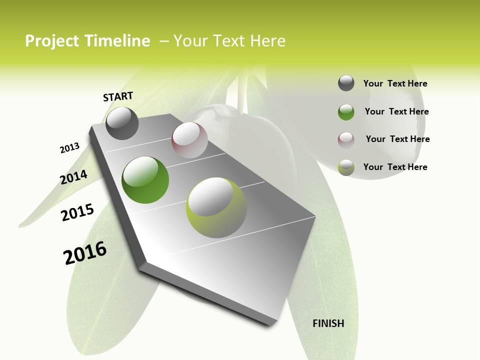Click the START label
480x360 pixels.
pyautogui.click(x=118, y=96)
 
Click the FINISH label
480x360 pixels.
pyautogui.click(x=328, y=323)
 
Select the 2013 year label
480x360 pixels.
pyautogui.click(x=69, y=148)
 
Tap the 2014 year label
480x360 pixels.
pyautogui.click(x=73, y=177)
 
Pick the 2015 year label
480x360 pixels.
pyautogui.click(x=77, y=212)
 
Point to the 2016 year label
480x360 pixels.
pyautogui.click(x=85, y=253)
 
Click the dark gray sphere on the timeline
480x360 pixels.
pyautogui.click(x=122, y=123)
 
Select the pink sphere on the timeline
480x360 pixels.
pyautogui.click(x=189, y=140)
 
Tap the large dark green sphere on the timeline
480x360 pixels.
pyautogui.click(x=145, y=180)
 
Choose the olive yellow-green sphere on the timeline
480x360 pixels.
pyautogui.click(x=216, y=207)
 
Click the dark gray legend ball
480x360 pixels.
pyautogui.click(x=346, y=83)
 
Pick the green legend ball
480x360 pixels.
pyautogui.click(x=346, y=112)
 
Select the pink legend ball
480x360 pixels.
pyautogui.click(x=346, y=140)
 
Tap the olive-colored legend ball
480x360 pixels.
pyautogui.click(x=346, y=167)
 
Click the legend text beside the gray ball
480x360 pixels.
pyautogui.click(x=395, y=83)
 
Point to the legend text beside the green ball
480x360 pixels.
pyautogui.click(x=396, y=111)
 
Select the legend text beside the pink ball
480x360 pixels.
pyautogui.click(x=397, y=139)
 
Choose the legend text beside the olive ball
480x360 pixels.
pyautogui.click(x=395, y=167)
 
